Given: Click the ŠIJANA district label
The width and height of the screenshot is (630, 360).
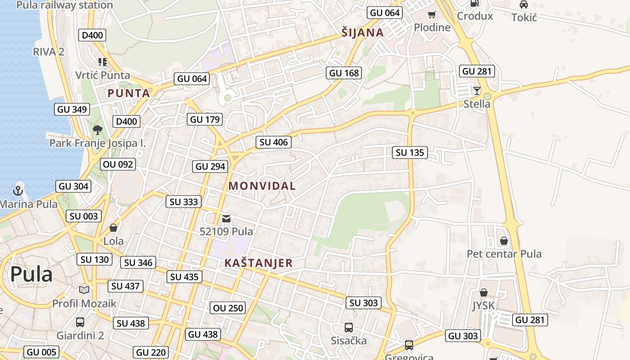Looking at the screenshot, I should [362, 32].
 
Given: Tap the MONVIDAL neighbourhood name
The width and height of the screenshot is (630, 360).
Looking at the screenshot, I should [262, 186].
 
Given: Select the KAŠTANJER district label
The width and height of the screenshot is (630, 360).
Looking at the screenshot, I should [258, 263].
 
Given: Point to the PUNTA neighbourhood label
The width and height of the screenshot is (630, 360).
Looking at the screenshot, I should [129, 93].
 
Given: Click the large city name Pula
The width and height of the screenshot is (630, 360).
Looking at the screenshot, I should [31, 274].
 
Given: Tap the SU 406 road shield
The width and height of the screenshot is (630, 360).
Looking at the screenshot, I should [274, 142].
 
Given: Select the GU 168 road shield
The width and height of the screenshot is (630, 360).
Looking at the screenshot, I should [344, 73].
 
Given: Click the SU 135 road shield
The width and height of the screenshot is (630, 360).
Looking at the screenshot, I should [410, 153].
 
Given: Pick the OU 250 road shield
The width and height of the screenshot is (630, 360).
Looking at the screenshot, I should [228, 308].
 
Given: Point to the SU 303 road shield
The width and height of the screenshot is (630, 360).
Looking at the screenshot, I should [364, 303].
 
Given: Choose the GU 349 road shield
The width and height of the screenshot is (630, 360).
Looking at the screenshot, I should [72, 109].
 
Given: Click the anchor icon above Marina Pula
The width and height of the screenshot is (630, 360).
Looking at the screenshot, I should [18, 190].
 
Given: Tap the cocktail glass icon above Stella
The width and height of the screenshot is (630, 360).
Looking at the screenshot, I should [477, 90].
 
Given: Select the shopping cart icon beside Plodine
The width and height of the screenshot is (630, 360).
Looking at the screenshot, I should [432, 15].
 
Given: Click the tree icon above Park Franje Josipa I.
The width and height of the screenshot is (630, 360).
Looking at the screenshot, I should [97, 130].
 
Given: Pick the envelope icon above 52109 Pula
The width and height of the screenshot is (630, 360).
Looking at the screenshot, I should [226, 219].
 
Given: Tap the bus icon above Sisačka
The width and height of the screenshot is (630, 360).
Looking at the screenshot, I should [348, 327].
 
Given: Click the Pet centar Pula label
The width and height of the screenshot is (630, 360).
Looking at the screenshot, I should [504, 254].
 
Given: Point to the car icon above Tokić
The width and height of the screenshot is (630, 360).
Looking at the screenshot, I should [524, 4].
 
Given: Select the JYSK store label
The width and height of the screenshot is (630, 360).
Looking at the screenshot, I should [483, 306].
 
